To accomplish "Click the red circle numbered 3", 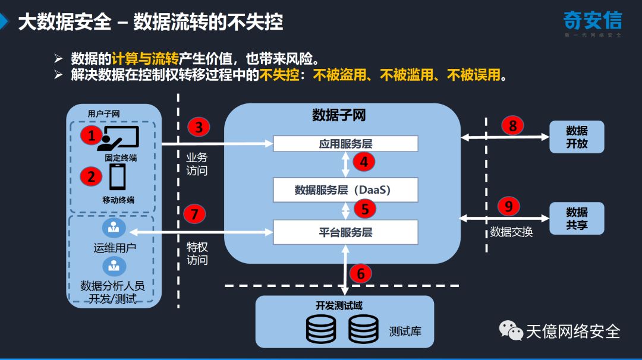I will point(199,127).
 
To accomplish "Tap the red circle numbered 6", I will point(360,273).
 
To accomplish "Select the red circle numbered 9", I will point(508,206).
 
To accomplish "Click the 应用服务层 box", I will point(345,144).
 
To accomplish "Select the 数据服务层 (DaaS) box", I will point(345,190).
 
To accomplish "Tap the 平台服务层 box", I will point(345,232).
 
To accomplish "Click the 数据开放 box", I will point(577,137).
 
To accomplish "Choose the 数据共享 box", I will point(577,219).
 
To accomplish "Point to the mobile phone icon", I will point(117,176).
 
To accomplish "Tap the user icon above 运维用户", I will point(113,228).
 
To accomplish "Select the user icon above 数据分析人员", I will point(113,266).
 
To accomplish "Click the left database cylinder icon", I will point(321,329).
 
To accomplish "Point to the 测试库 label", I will point(405,331).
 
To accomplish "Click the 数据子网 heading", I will point(339,115).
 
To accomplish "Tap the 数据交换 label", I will point(511,232).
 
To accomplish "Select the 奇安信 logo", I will point(592,23).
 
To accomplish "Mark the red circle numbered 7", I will point(194,213).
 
